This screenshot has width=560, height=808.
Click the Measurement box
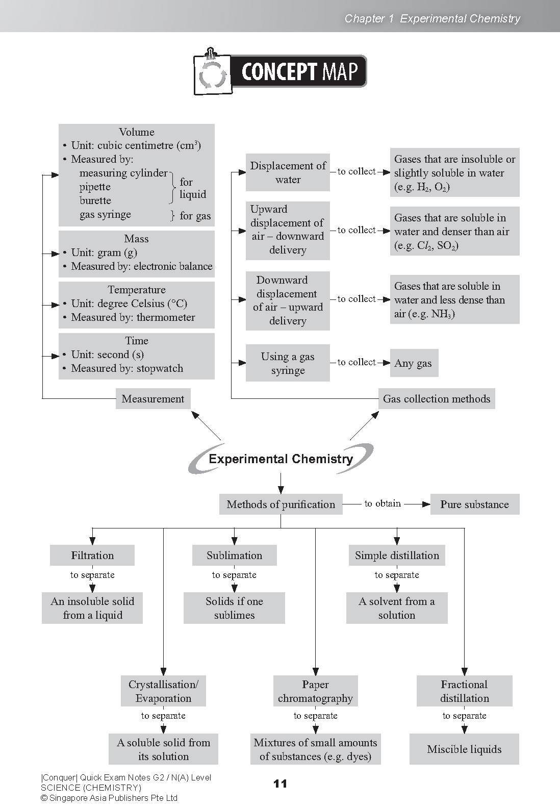[153, 399]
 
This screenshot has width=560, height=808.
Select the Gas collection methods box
[437, 399]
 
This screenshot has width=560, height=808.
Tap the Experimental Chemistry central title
[281, 459]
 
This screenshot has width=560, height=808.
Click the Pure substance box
[474, 504]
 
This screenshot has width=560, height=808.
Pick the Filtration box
[92, 555]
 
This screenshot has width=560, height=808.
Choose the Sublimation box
[234, 555]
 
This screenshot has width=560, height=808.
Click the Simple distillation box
[397, 555]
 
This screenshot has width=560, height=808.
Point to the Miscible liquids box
[464, 749]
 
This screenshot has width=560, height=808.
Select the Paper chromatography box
[315, 691]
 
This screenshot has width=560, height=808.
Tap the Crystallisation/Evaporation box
[163, 691]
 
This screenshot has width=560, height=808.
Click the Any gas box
[413, 364]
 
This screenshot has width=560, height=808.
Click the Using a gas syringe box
[288, 363]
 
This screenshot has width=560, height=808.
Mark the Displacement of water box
[288, 172]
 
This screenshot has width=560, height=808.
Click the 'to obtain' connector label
[383, 503]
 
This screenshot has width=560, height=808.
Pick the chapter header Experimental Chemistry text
[460, 19]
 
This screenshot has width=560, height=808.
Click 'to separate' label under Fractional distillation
[464, 716]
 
